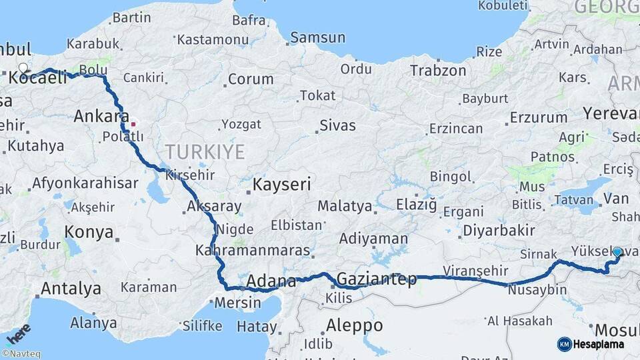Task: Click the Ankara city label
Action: [x=101, y=116]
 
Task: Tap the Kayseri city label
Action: [x=282, y=185]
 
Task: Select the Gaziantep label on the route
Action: [x=377, y=279]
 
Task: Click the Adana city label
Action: [x=271, y=281]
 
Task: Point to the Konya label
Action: [x=88, y=232]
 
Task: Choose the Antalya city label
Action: [x=71, y=289]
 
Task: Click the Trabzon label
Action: [x=438, y=70]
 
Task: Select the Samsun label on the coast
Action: [x=318, y=38]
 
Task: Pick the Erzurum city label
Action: [x=538, y=118]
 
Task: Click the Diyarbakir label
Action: [x=499, y=230]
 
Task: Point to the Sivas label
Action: [x=337, y=125]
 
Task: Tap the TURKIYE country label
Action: [x=205, y=152]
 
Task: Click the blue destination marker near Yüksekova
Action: [x=617, y=253]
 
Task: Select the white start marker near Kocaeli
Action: [x=24, y=68]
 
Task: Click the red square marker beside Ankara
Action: [x=133, y=123]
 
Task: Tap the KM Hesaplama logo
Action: [x=591, y=344]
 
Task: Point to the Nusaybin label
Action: [x=537, y=291]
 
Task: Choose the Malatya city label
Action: [x=344, y=206]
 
